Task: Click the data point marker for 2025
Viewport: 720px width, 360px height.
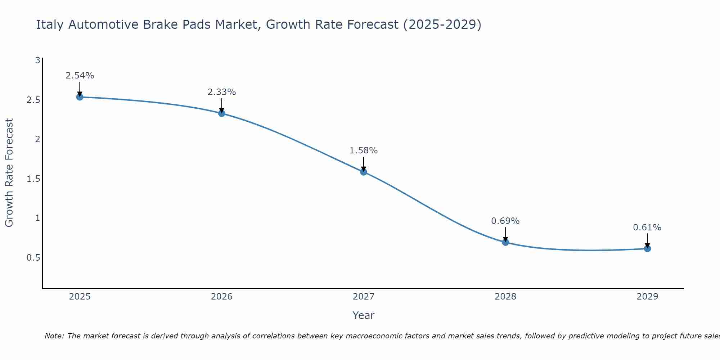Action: tap(80, 97)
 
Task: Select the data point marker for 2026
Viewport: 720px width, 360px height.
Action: tap(222, 113)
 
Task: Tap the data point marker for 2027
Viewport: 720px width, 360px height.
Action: tap(364, 172)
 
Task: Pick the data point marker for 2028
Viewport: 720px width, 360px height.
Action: tap(505, 242)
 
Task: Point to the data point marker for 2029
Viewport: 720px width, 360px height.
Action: tap(647, 248)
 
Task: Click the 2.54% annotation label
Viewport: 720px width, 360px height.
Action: tap(80, 76)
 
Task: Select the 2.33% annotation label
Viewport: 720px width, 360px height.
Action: tap(222, 92)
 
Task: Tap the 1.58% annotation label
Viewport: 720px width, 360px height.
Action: tap(364, 150)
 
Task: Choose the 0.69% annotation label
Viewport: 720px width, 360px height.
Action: tap(505, 221)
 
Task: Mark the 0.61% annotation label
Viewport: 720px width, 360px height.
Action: tap(647, 228)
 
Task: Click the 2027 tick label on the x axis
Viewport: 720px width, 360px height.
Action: tap(364, 297)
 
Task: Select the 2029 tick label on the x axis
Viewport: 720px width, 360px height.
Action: tap(647, 297)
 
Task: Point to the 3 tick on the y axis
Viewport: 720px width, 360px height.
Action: tap(37, 60)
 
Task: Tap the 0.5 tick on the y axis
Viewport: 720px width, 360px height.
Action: tap(33, 258)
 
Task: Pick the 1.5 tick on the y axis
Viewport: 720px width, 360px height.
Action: tap(33, 179)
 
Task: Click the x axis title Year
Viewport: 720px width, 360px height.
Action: tap(364, 315)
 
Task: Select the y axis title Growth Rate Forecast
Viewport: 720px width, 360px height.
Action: tap(9, 173)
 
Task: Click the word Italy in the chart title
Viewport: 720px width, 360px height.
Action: tap(50, 24)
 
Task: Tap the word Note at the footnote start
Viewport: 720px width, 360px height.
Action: tap(54, 336)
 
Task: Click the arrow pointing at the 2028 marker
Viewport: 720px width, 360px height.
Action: tap(505, 234)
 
